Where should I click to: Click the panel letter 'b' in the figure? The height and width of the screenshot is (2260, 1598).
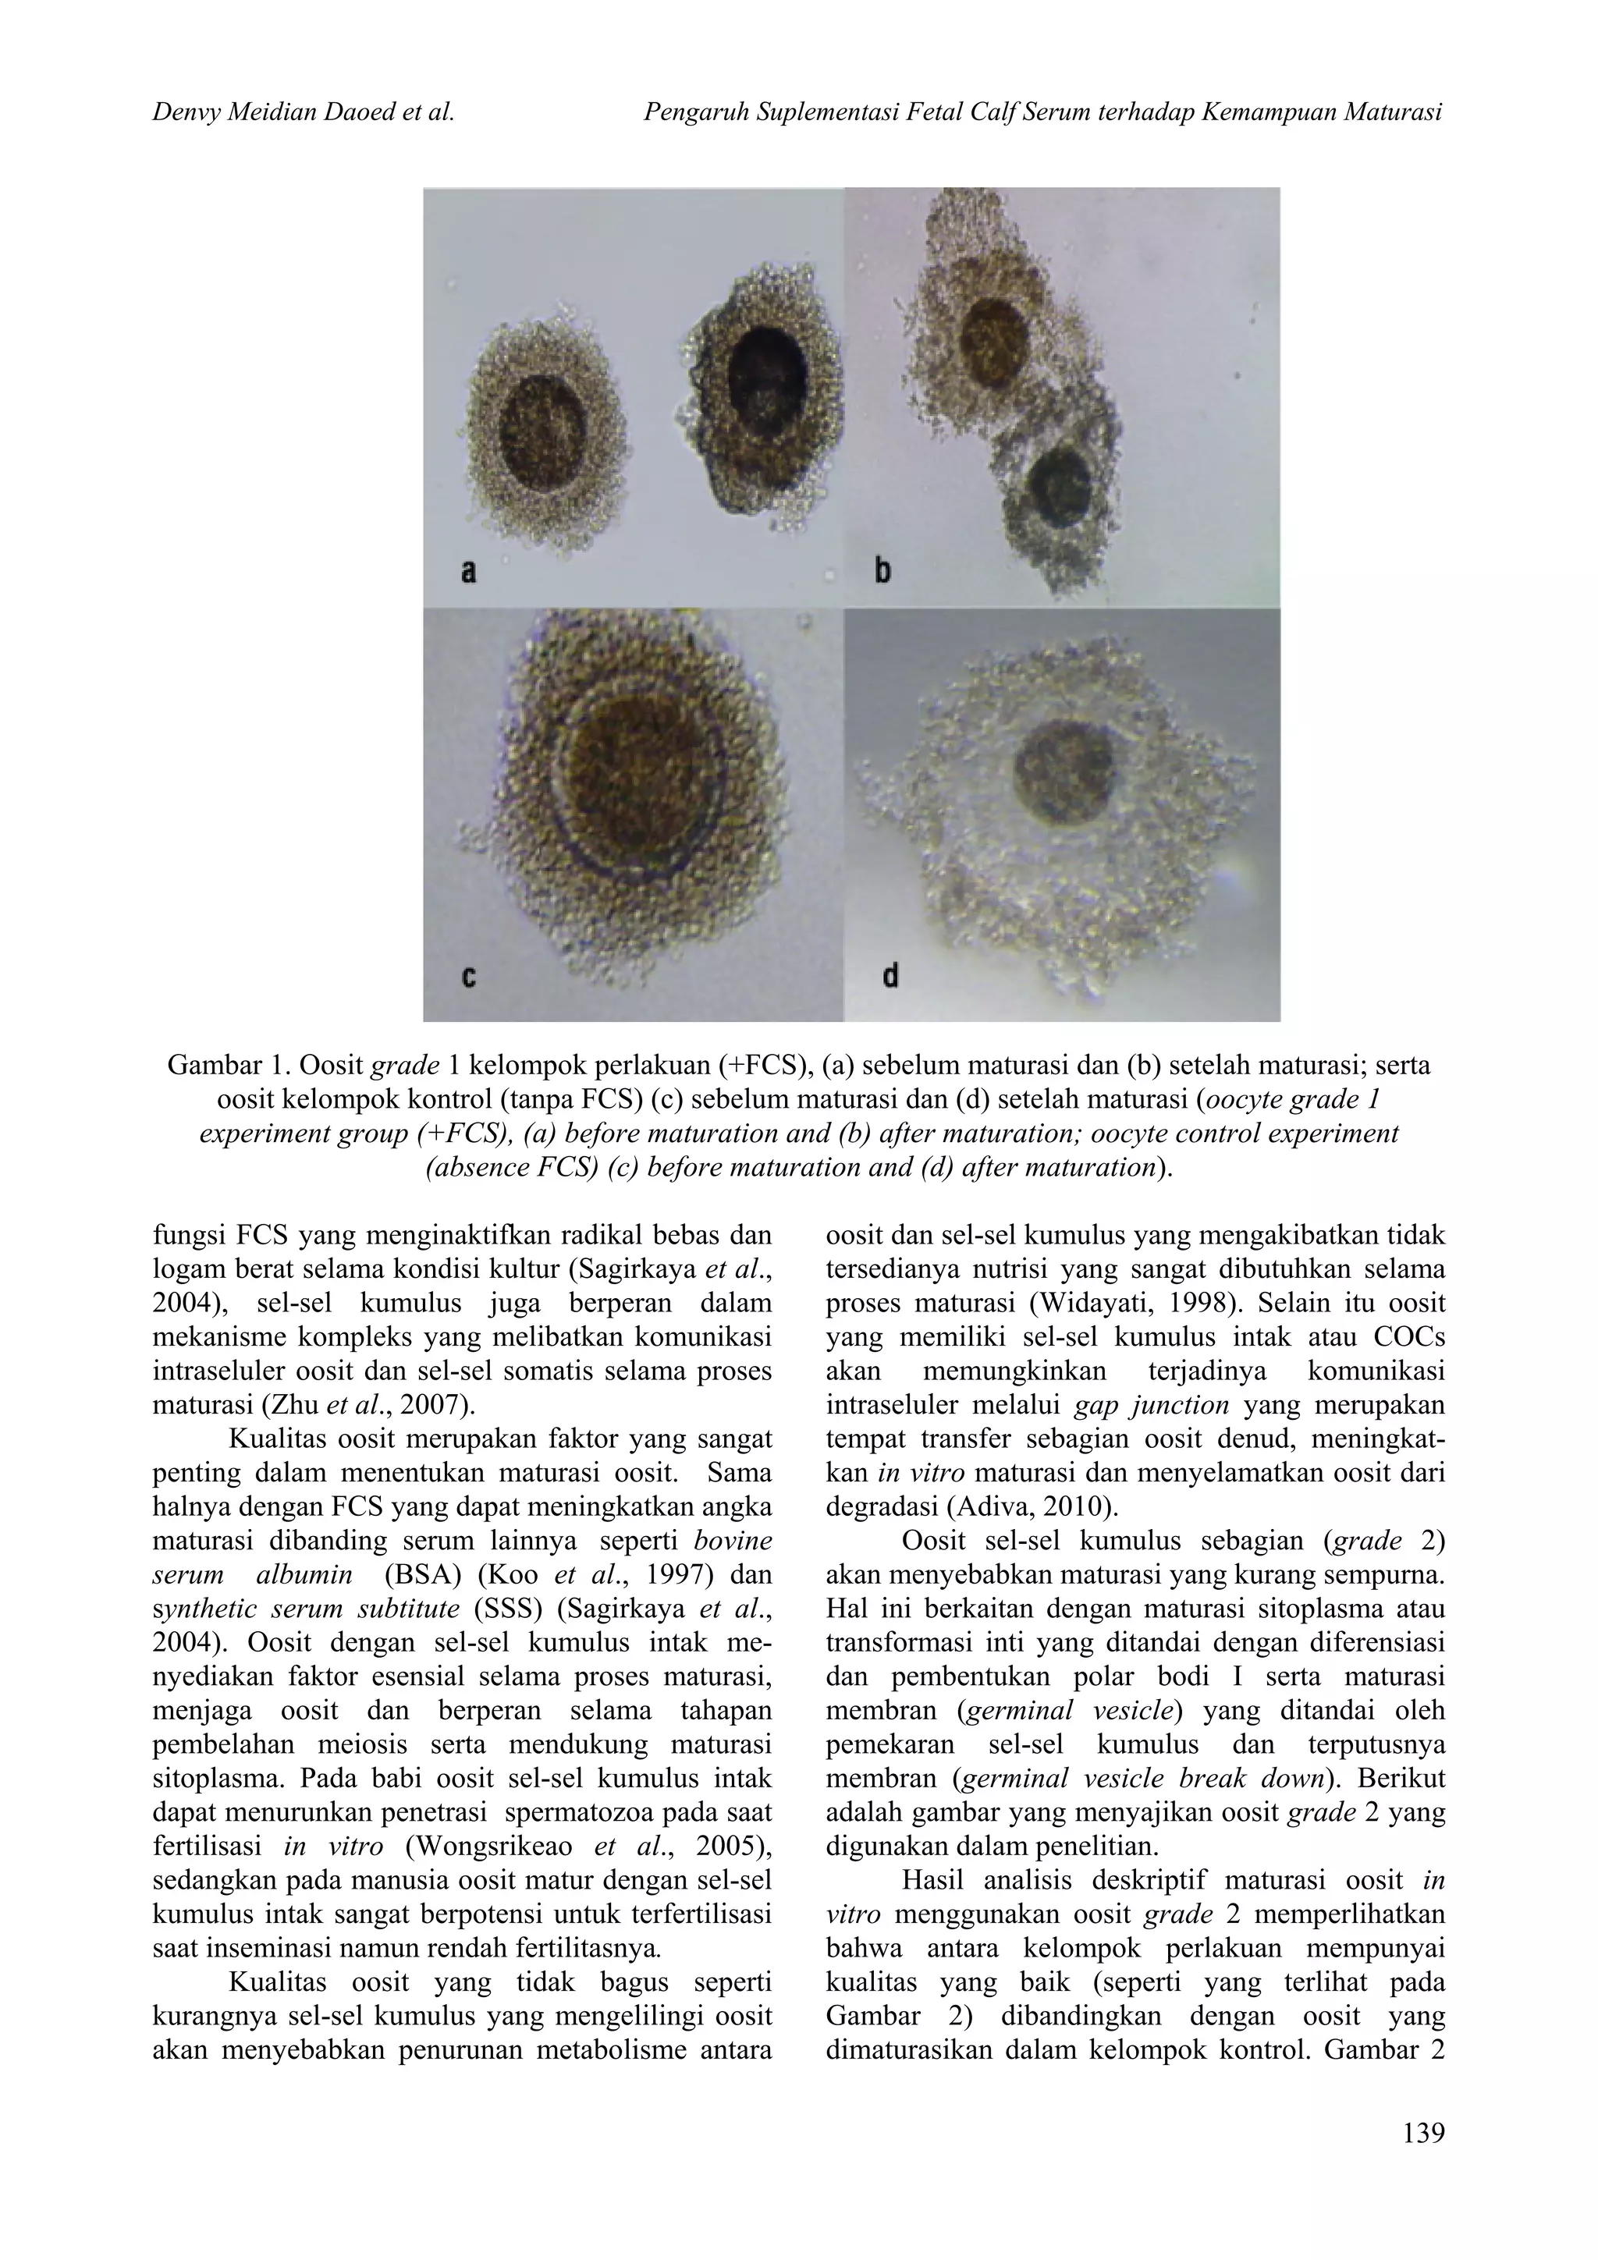point(883,570)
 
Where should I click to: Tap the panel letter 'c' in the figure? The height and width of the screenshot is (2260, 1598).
point(469,977)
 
